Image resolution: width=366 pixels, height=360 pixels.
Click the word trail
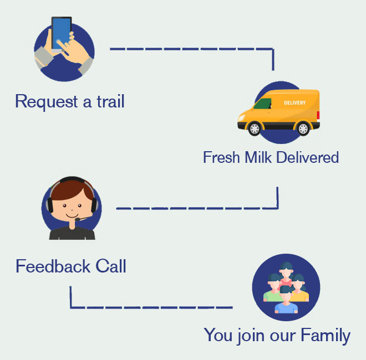click(109, 102)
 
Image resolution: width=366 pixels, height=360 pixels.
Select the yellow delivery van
click(278, 112)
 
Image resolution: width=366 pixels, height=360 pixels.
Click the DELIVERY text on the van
click(294, 103)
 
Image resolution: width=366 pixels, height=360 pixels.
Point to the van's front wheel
click(254, 128)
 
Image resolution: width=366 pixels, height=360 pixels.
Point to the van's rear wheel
click(303, 128)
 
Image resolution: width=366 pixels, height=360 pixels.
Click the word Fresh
click(221, 157)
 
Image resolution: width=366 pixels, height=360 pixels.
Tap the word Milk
click(258, 157)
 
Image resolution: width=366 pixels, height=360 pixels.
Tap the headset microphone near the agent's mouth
click(78, 220)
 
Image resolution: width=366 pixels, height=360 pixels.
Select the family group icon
click(286, 287)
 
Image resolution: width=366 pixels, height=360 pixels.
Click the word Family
click(326, 335)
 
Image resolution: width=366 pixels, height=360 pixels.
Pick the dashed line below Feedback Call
click(150, 307)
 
